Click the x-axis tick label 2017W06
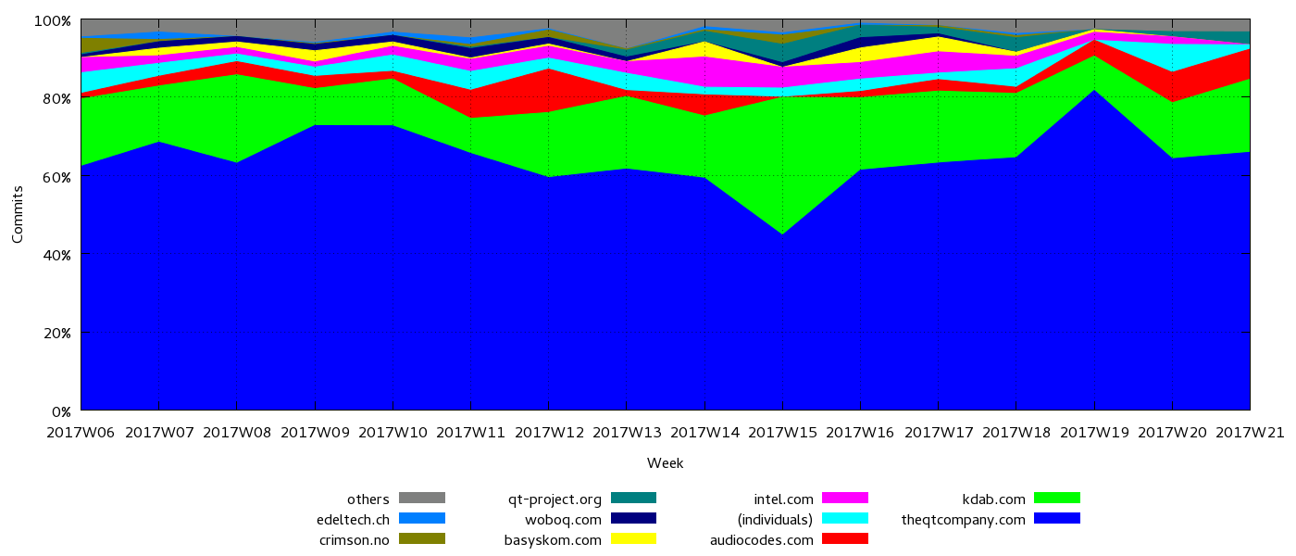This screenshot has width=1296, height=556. [x=81, y=433]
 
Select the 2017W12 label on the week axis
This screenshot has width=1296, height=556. [x=549, y=433]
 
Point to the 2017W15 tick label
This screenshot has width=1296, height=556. [x=782, y=433]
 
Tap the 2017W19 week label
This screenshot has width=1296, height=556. [x=1094, y=433]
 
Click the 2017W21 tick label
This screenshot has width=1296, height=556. [x=1250, y=433]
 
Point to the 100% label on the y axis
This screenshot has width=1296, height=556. [x=53, y=21]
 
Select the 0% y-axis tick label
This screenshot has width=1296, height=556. [x=61, y=411]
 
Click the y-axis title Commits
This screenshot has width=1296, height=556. [x=19, y=214]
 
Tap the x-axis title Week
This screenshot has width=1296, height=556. [x=665, y=463]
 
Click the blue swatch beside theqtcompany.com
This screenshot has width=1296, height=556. [x=1056, y=519]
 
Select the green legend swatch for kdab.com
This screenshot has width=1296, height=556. [x=1056, y=499]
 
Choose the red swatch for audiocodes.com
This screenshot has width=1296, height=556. [x=845, y=539]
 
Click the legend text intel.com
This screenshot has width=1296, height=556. [x=783, y=499]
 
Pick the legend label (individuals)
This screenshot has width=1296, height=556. [x=774, y=519]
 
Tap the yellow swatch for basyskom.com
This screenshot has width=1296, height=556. [x=633, y=539]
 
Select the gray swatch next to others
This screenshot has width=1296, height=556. [x=422, y=499]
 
